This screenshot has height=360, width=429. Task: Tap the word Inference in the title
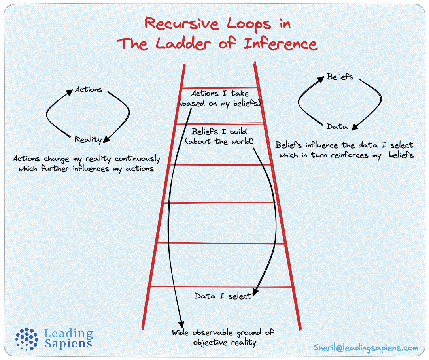coord(281,43)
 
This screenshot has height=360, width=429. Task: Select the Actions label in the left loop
coord(89,90)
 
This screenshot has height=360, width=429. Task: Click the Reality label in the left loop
coord(88,139)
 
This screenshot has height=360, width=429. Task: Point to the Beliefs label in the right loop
coord(340,77)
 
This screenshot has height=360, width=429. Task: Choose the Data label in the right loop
coord(337,126)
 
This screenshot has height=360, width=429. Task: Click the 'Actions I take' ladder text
coord(220,94)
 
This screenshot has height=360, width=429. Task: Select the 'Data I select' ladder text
coord(223,296)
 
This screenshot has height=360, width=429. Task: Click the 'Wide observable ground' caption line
coord(223,332)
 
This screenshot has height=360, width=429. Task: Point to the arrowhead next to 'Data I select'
coord(255,292)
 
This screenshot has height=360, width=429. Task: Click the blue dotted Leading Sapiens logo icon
coord(27,339)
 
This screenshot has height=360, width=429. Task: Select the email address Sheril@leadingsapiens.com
coord(365,348)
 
